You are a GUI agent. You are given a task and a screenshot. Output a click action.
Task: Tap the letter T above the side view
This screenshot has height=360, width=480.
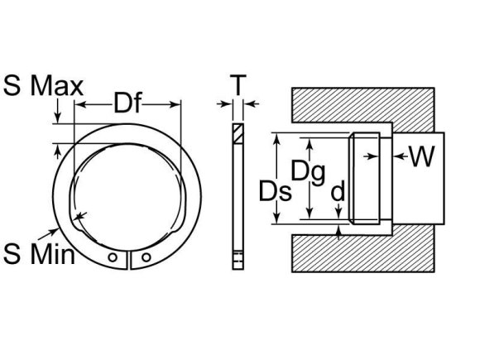(238, 84)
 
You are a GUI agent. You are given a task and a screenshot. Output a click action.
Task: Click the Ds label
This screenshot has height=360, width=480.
(273, 191)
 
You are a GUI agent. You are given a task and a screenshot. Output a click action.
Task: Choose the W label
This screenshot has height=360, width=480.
(421, 157)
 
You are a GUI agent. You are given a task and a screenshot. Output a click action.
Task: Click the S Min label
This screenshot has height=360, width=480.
(39, 252)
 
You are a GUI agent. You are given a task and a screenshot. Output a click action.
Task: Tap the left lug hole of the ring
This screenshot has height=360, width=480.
(116, 258)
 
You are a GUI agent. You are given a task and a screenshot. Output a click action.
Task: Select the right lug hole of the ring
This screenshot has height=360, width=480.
(146, 258)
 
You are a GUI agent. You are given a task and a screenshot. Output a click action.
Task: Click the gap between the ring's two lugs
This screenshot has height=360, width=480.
(131, 261)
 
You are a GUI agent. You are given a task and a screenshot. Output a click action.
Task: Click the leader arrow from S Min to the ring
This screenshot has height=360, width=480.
(76, 219)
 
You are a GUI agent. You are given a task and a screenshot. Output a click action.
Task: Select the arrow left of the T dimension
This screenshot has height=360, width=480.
(223, 103)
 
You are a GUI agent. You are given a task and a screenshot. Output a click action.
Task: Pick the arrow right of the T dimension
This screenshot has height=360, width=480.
(252, 103)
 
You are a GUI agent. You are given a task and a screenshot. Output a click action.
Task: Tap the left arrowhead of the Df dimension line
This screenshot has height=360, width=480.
(80, 103)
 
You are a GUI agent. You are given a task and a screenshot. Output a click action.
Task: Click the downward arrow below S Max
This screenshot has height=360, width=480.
(56, 116)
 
